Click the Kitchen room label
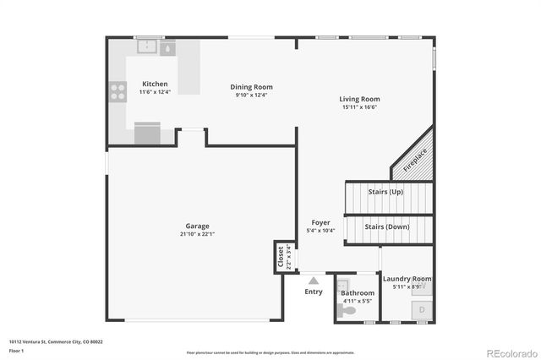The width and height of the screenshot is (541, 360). pyautogui.click(x=155, y=85)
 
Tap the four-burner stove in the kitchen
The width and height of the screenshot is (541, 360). pyautogui.click(x=117, y=91)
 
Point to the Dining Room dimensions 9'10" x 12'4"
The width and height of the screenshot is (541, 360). pyautogui.click(x=251, y=95)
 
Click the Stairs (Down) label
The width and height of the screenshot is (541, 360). pyautogui.click(x=387, y=226)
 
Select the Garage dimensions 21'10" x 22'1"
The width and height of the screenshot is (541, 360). pyautogui.click(x=198, y=234)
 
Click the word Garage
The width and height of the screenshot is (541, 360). pyautogui.click(x=198, y=226)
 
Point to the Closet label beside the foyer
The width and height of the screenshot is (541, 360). pyautogui.click(x=281, y=258)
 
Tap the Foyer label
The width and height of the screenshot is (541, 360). pyautogui.click(x=320, y=222)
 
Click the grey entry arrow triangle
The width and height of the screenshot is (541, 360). pyautogui.click(x=314, y=280)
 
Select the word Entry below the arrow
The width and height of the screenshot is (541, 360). pyautogui.click(x=314, y=292)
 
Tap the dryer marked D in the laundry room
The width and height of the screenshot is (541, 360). pyautogui.click(x=422, y=311)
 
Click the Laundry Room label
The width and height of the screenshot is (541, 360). pyautogui.click(x=407, y=279)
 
